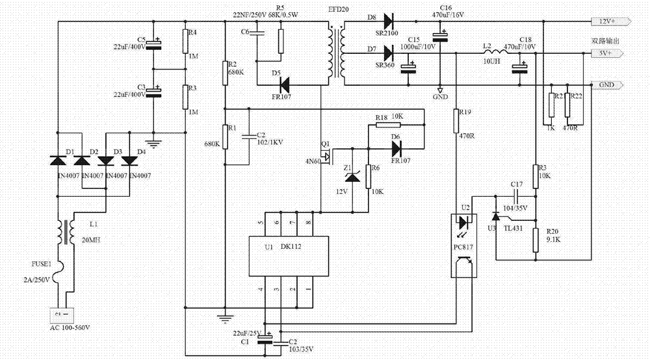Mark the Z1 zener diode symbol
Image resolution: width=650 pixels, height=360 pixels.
[x=352, y=175]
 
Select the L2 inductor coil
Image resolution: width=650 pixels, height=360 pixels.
[x=495, y=53]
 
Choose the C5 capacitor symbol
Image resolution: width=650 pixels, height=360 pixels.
[x=153, y=44]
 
